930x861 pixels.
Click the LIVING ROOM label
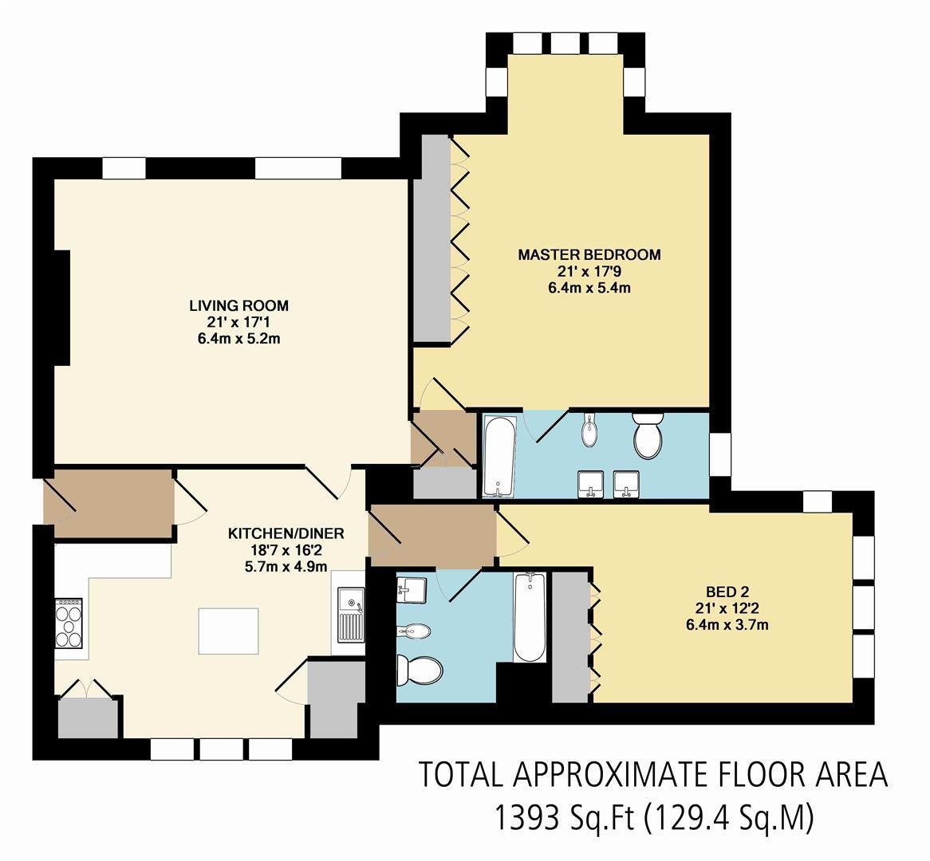tap(238, 305)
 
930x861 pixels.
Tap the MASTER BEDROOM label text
tap(589, 255)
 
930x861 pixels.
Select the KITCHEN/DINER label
tap(286, 533)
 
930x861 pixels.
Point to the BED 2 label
tap(727, 592)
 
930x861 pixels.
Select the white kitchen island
tap(228, 630)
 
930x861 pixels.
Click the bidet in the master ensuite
tap(589, 431)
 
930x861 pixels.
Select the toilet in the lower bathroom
tap(420, 670)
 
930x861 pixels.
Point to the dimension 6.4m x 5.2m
tap(238, 339)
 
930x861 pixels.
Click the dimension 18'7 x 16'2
tap(286, 550)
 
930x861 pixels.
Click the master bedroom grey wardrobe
tap(432, 239)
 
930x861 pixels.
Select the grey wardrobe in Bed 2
tap(570, 637)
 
